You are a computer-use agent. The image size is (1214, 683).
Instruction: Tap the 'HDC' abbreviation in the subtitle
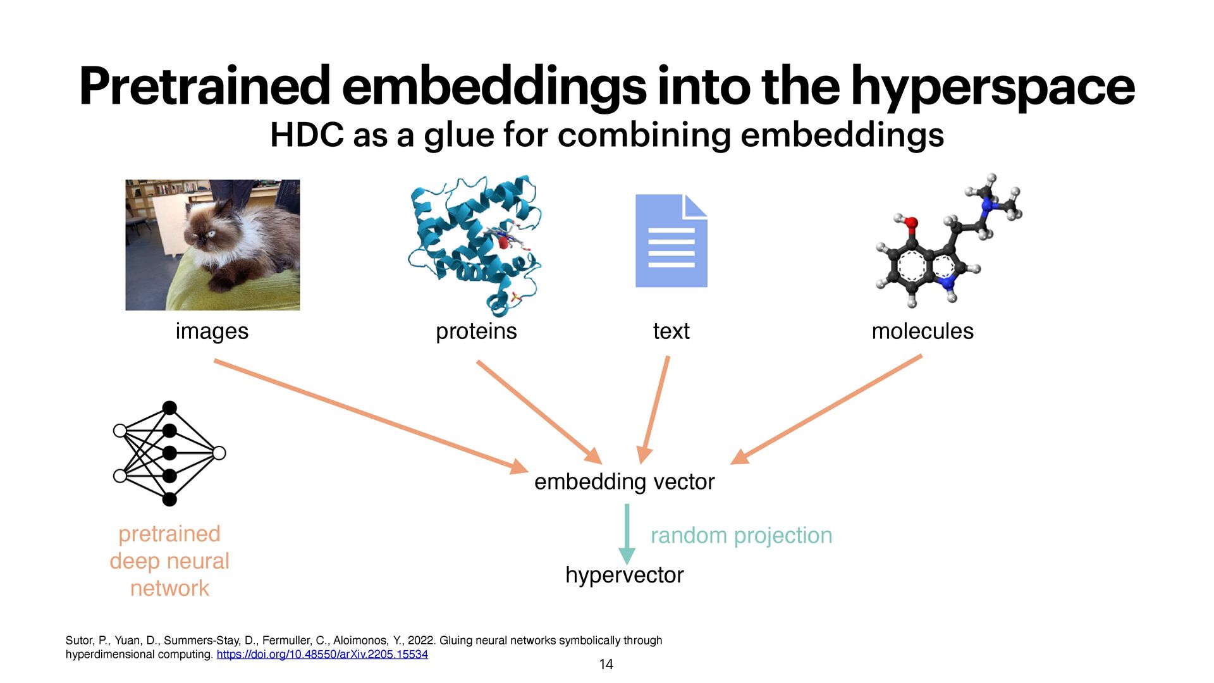point(307,135)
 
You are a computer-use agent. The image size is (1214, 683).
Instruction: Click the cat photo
point(212,245)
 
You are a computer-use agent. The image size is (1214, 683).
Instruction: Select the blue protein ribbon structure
point(474,243)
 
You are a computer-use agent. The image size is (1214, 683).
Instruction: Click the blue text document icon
point(671,241)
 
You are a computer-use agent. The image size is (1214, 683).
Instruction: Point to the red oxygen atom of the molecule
point(910,223)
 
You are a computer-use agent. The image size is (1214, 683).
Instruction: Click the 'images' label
point(212,331)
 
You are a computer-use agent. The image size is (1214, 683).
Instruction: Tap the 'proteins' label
point(476,331)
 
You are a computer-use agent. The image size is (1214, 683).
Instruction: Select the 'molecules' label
point(923,331)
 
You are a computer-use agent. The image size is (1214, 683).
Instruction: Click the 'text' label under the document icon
point(671,331)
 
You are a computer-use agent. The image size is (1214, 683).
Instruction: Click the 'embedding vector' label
point(624,482)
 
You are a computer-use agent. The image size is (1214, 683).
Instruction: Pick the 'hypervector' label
point(624,575)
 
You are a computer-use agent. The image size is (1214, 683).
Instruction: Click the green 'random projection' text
point(741,536)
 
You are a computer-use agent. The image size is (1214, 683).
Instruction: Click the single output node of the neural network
point(219,453)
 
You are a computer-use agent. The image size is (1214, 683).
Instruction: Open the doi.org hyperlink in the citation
point(322,655)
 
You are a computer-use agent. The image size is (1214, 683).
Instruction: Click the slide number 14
point(606,664)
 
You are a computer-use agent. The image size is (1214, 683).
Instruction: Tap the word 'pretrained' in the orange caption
point(169,534)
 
